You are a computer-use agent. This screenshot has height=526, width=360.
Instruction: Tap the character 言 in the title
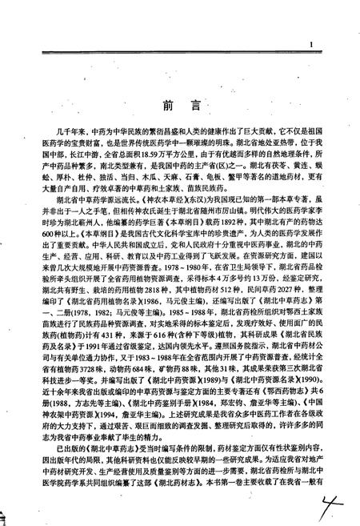[x=194, y=106]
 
